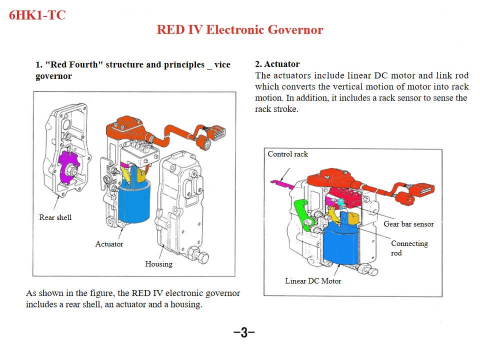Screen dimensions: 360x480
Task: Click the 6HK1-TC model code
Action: tap(37, 15)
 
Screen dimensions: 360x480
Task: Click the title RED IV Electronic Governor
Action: tap(240, 29)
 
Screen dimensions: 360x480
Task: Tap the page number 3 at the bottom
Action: tap(244, 332)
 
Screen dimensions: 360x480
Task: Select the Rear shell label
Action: tap(55, 217)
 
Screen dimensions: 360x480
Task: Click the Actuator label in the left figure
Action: tap(109, 244)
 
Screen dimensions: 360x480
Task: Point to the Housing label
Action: tap(158, 264)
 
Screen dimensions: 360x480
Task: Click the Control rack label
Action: tap(288, 154)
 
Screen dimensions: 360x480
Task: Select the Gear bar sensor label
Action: tap(408, 224)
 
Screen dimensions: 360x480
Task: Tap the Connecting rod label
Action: tap(409, 248)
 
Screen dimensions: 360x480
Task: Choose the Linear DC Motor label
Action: tap(313, 281)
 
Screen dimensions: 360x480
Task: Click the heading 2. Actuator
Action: tap(277, 64)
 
